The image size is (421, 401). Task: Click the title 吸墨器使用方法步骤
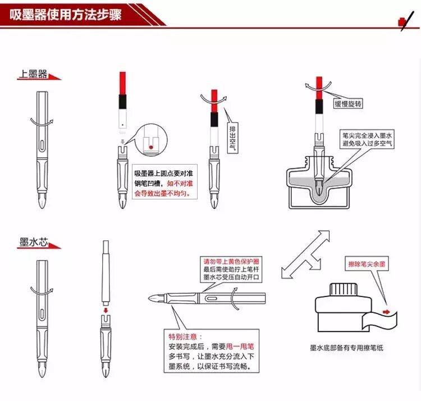(x=66, y=15)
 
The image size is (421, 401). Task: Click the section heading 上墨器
(x=33, y=74)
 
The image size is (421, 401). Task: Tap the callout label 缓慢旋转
(x=348, y=104)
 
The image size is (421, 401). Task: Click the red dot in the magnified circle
(x=151, y=147)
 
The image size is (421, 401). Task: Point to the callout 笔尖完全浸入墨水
(x=367, y=135)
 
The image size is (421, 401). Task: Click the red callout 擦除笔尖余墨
(x=367, y=264)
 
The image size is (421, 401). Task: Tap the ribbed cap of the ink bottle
(x=344, y=289)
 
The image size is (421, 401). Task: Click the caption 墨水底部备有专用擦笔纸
(x=346, y=348)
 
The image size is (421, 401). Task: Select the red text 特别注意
(x=182, y=336)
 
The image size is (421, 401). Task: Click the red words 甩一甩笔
(x=240, y=347)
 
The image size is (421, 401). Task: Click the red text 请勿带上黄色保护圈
(x=231, y=261)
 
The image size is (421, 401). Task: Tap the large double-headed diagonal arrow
(x=305, y=254)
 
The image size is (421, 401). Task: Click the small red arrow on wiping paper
(x=386, y=312)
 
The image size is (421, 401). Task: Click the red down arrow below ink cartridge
(x=106, y=311)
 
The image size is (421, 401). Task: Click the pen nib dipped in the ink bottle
(x=319, y=189)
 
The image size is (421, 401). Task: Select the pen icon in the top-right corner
(x=405, y=21)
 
